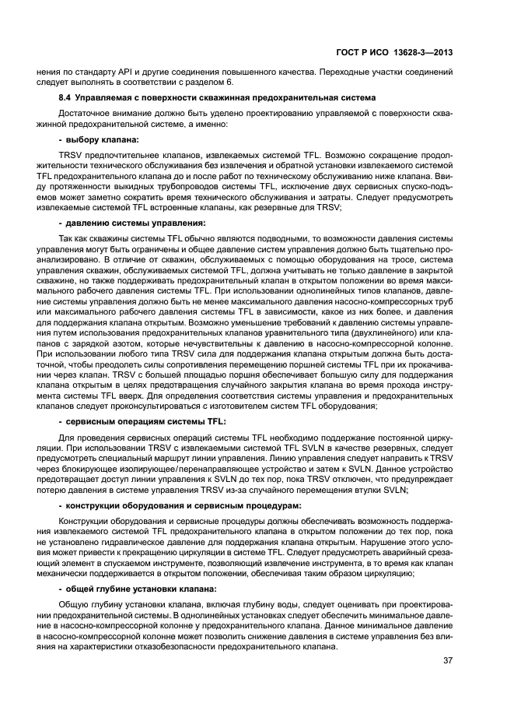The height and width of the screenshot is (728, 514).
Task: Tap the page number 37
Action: [x=447, y=661]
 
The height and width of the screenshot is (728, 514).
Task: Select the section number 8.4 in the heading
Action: [x=67, y=97]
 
